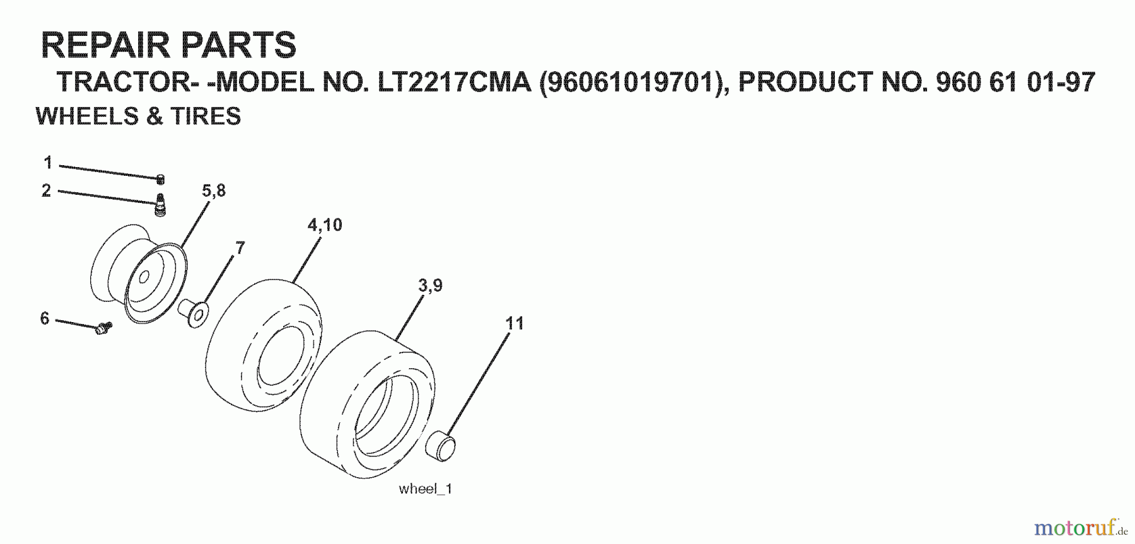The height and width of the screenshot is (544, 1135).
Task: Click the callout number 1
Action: [48, 163]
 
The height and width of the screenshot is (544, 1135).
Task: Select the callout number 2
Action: [46, 190]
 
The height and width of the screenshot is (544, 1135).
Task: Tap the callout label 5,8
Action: [214, 191]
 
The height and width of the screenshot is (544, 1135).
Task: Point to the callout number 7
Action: [240, 248]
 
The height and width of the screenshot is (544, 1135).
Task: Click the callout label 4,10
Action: [325, 225]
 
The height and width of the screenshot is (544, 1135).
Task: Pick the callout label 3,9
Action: [430, 286]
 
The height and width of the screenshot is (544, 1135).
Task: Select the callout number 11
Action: [515, 323]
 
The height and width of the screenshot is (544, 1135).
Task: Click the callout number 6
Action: [45, 318]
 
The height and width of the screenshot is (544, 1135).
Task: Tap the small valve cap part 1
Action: [161, 179]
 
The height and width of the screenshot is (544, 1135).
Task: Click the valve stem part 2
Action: [161, 205]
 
